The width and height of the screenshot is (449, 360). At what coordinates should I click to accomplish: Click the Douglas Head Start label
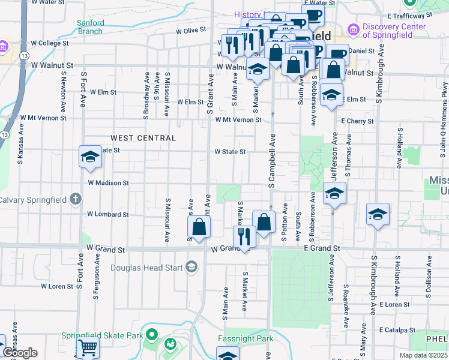click(146, 267)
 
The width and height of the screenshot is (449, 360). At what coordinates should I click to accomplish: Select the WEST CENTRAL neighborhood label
click(143, 138)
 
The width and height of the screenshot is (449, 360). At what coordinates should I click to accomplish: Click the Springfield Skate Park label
click(101, 335)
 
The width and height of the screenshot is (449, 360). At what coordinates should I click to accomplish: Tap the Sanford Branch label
click(91, 27)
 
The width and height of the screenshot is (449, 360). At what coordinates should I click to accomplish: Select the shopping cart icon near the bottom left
click(88, 347)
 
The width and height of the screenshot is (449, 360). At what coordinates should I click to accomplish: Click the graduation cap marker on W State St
click(90, 157)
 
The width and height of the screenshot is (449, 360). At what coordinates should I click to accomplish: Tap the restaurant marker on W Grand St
click(244, 236)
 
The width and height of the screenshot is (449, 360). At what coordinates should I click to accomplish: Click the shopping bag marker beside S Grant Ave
click(199, 227)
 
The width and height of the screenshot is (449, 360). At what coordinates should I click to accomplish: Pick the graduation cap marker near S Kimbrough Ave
click(378, 214)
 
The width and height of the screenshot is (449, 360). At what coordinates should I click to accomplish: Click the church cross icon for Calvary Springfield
click(75, 199)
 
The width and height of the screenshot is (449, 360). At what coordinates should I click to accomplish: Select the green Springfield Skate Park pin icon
click(152, 334)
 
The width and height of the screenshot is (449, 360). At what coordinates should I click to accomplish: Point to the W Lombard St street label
click(108, 214)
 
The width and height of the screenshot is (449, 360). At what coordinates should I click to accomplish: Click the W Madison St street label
click(108, 182)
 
